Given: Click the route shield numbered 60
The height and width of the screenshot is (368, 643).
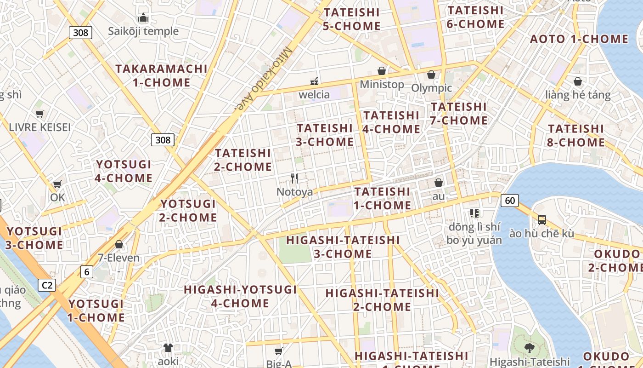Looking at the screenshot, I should coord(510,200).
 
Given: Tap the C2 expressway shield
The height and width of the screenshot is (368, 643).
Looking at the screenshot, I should coord(46,285).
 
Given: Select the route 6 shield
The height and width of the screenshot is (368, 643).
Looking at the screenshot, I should coord(87,272).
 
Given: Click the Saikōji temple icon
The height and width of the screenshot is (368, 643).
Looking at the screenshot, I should coord(143,18).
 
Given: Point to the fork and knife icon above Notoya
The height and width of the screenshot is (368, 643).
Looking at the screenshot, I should coord(294,178).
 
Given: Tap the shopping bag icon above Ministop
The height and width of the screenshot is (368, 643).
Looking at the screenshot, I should coord(381,71).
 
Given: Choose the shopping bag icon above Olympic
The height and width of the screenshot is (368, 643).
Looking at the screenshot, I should coord(431,75).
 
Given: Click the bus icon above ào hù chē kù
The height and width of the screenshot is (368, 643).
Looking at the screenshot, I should coord(542,219).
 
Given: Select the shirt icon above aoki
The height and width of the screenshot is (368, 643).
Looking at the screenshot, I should coord(168,347).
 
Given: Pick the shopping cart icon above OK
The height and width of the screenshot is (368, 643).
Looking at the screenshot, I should coord(57,184).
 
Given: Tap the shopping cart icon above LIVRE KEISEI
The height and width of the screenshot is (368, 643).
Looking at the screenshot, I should coord(40,114).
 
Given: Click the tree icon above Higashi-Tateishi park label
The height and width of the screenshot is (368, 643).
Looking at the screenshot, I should coord(529,347).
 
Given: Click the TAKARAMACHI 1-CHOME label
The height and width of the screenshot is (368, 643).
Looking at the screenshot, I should coord(161,76).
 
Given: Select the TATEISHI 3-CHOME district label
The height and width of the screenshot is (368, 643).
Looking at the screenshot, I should coord(325,135).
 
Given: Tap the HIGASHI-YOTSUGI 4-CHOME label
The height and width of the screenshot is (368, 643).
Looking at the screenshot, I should coord(240,296).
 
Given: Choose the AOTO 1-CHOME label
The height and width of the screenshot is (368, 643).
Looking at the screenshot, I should coord(579,39).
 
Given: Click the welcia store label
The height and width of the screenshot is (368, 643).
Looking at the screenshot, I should coord(314,95).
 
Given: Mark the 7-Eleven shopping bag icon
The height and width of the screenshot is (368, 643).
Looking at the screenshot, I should coord(119,244).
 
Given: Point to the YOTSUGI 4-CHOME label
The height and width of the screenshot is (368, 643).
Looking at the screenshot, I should coord(124,171).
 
